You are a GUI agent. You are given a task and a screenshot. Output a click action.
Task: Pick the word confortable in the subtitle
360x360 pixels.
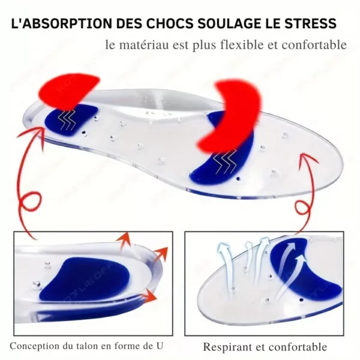click(314, 44)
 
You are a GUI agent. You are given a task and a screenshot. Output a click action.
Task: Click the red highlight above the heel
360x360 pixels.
click(69, 91)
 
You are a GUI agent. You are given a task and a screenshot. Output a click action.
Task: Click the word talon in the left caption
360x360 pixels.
click(93, 346)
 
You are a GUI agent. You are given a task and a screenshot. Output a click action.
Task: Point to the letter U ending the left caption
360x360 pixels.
click(159, 346)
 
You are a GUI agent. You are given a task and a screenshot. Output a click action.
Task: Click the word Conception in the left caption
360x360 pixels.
click(32, 346)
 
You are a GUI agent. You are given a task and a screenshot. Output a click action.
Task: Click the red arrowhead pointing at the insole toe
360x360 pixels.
click(309, 160)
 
